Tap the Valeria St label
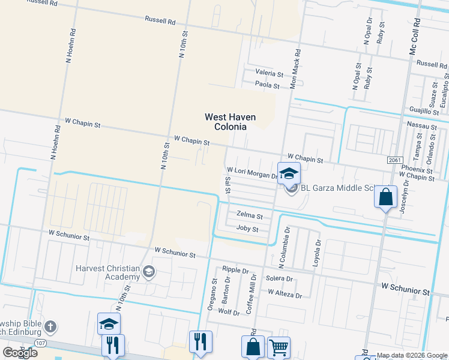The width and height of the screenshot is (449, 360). tap(269, 73)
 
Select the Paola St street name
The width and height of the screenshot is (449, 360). tap(268, 86)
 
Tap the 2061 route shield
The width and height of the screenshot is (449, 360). tap(394, 160)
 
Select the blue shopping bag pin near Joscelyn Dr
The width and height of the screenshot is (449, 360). tap(385, 197)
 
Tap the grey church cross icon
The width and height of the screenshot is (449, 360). tap(51, 327)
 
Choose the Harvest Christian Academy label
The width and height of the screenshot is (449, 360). tap(107, 273)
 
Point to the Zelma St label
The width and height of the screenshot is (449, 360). tap(250, 215)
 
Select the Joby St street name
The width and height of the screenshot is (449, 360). tap(247, 229)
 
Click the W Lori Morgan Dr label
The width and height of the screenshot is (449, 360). tap(252, 173)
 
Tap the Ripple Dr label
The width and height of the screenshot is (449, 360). tap(235, 270)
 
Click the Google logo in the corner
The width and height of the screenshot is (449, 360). tap(20, 352)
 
